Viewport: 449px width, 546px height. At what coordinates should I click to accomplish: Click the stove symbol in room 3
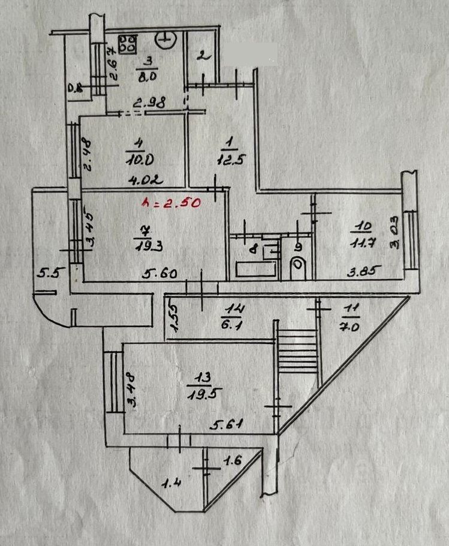coord(127,43)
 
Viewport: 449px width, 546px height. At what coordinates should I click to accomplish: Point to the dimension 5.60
coord(155,273)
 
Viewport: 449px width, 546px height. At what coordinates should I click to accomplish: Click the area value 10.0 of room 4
coord(135,159)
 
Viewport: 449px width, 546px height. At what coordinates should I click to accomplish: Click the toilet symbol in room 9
coord(298,267)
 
